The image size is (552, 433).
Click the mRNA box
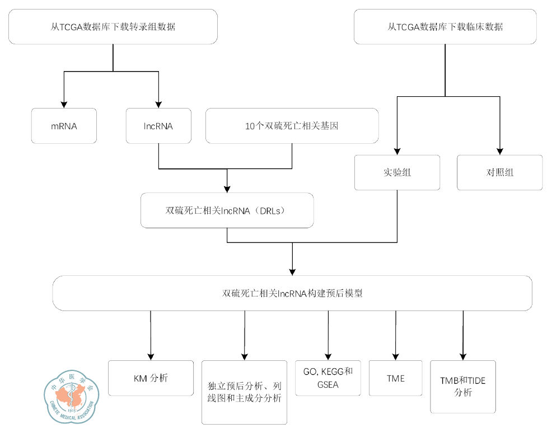(x=63, y=126)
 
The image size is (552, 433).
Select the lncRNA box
(x=158, y=126)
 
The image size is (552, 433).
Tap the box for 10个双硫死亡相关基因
(x=292, y=126)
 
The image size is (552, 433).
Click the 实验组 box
(x=397, y=172)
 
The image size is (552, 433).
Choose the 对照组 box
(x=500, y=172)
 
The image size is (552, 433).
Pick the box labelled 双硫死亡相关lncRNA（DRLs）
(x=227, y=210)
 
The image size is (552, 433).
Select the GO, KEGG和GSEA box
(x=328, y=378)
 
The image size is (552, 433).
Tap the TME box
(x=395, y=378)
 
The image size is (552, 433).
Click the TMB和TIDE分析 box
(x=462, y=387)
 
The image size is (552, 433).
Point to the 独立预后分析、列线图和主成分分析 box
(x=244, y=392)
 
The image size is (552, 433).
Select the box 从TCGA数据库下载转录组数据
(x=113, y=26)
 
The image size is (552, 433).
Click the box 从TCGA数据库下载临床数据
(x=445, y=26)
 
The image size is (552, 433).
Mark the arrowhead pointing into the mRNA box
(x=64, y=104)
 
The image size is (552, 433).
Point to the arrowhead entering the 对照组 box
(x=500, y=151)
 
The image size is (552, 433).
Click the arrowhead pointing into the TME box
(x=395, y=356)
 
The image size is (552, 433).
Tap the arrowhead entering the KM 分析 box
(x=150, y=356)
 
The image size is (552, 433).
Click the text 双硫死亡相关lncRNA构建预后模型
(x=292, y=293)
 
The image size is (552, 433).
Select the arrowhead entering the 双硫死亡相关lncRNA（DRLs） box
(x=227, y=189)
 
